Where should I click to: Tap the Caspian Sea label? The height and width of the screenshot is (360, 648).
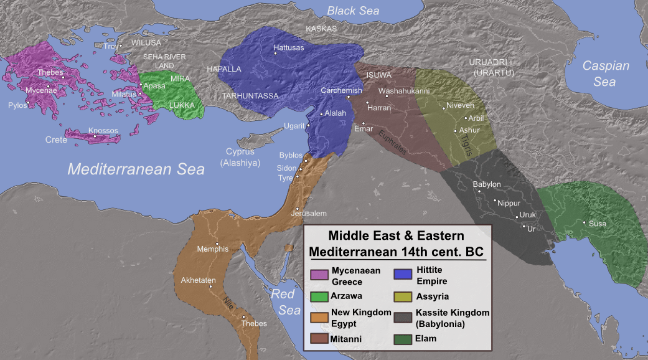[606, 73]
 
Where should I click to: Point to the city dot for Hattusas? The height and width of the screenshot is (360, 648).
[275, 52]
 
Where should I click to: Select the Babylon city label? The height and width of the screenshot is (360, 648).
[487, 184]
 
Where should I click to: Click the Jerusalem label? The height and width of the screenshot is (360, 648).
[308, 213]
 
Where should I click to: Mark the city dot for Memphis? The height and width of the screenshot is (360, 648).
[217, 243]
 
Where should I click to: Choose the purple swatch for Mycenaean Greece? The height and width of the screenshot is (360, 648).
[319, 274]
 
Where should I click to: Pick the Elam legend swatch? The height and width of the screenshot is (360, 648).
[403, 339]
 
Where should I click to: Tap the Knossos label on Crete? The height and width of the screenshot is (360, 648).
[103, 131]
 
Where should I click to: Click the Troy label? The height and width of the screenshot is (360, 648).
[110, 46]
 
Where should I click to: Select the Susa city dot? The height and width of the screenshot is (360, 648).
[584, 222]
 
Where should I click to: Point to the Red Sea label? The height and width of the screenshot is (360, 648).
[286, 302]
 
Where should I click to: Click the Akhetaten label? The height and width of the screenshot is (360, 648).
[197, 280]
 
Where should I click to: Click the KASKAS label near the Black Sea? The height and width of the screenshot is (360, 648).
[321, 29]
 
